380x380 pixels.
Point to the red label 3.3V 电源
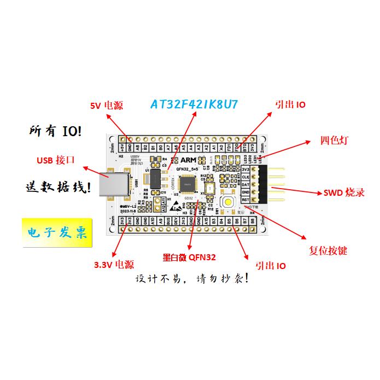(x=114, y=265)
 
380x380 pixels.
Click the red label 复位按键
(x=328, y=251)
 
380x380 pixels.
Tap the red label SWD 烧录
(x=344, y=192)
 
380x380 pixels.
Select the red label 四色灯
(x=334, y=140)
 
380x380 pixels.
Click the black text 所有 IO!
(x=56, y=131)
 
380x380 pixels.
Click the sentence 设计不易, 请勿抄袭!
(x=194, y=279)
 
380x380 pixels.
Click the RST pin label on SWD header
(x=245, y=201)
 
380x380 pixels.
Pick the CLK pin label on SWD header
(x=245, y=177)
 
